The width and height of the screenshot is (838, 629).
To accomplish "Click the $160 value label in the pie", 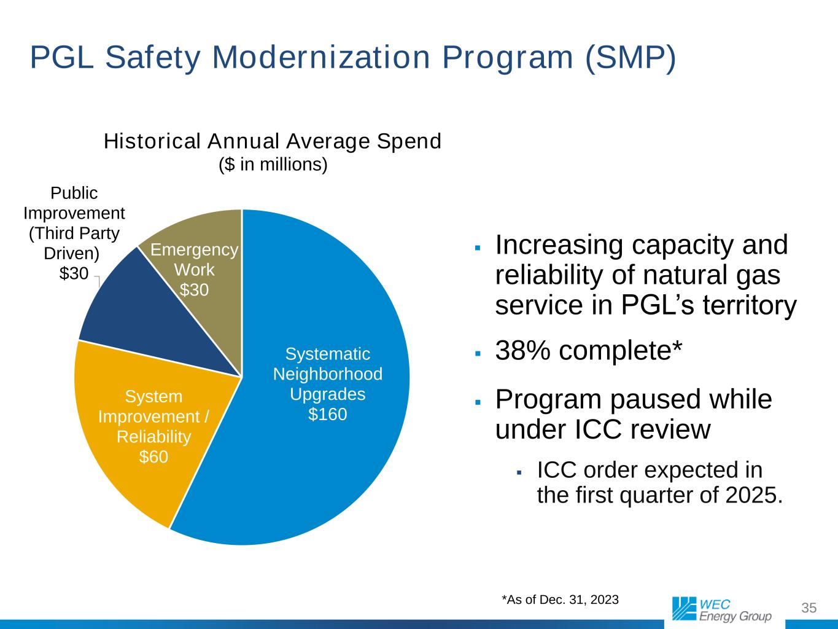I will click(327, 414).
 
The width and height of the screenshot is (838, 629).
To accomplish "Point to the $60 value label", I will click(153, 457).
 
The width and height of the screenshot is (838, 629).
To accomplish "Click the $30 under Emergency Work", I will click(194, 289).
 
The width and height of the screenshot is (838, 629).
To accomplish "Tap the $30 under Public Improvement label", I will click(74, 273).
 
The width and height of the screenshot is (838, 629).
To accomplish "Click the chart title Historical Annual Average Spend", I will click(273, 141).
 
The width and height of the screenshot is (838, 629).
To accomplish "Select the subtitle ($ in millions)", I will click(273, 165).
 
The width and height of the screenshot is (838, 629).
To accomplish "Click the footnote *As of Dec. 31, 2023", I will click(560, 599).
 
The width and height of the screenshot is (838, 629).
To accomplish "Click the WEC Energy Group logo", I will click(721, 609).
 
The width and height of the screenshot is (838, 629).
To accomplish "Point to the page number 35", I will click(809, 608).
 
